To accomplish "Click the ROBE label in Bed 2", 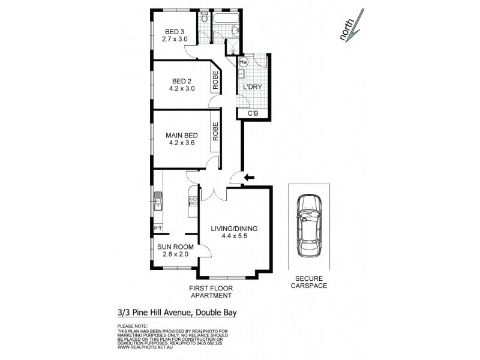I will (x=214, y=80).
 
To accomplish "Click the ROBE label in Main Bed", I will (x=214, y=131).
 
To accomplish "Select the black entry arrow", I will (x=248, y=176).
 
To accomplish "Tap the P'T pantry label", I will (x=158, y=229).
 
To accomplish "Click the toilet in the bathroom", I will (x=205, y=19).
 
